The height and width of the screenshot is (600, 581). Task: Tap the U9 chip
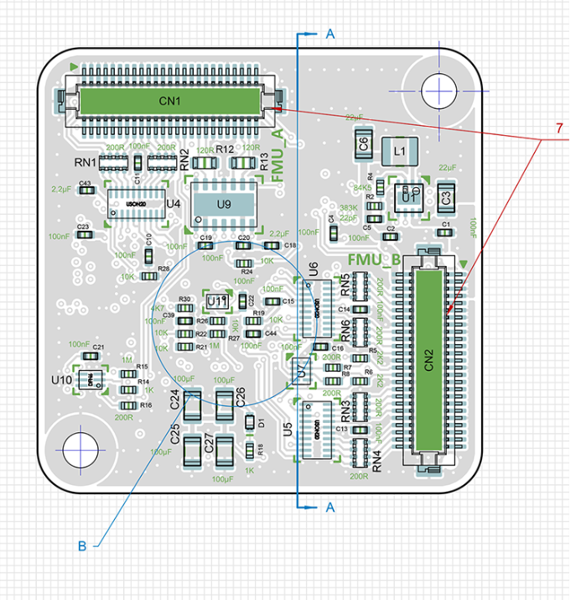(222, 203)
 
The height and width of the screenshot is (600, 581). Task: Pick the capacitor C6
(363, 143)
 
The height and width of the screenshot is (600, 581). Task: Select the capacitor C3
(446, 197)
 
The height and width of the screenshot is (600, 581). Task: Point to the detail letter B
(82, 546)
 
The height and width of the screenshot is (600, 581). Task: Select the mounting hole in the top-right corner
(438, 90)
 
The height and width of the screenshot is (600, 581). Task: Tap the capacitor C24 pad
(192, 405)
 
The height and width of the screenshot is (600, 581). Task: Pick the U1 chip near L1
(408, 196)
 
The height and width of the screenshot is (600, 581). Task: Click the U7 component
(300, 369)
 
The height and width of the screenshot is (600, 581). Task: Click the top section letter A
(329, 34)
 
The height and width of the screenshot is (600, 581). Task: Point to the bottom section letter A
(329, 507)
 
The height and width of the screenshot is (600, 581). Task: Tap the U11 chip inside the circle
(217, 300)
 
